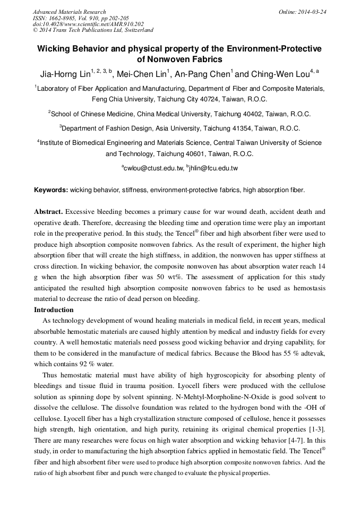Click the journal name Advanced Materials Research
click(x=69, y=12)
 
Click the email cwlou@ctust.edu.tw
click(x=153, y=168)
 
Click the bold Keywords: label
click(x=51, y=189)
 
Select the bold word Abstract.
click(x=49, y=211)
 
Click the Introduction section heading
click(x=54, y=309)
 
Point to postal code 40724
click(x=202, y=99)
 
